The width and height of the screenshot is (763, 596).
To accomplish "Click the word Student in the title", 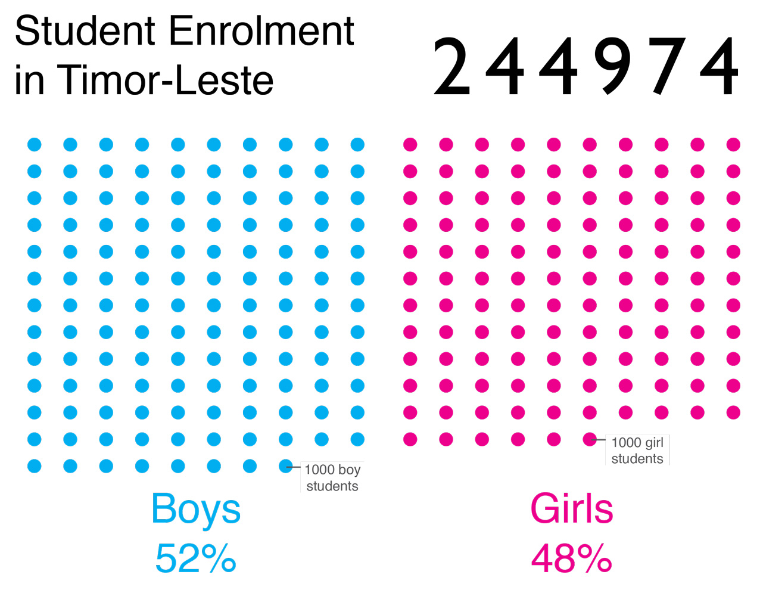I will (x=86, y=31).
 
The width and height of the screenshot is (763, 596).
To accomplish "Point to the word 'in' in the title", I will (x=29, y=80).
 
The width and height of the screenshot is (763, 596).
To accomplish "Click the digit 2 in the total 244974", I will (x=451, y=66).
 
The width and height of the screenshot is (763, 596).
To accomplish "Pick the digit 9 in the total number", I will (x=612, y=66).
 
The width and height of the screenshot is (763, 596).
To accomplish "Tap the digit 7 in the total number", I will (x=666, y=66).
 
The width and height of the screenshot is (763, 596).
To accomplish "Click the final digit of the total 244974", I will (x=720, y=66).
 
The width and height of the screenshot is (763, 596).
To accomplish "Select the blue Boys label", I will (x=196, y=509).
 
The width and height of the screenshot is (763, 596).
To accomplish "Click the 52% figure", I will (x=196, y=558).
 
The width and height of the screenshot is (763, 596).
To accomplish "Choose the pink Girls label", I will (x=572, y=509).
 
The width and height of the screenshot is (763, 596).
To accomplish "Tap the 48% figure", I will (x=572, y=558).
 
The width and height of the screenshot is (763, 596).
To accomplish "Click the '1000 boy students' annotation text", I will (x=332, y=477).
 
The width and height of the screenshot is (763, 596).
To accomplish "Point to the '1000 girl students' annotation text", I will (x=637, y=451).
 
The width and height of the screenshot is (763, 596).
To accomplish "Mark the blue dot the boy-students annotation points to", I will (x=286, y=466).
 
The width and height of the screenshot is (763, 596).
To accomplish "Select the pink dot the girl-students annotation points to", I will (x=590, y=439).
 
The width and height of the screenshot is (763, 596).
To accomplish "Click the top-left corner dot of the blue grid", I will (x=35, y=144).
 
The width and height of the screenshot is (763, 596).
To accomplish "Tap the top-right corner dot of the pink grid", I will (x=733, y=144).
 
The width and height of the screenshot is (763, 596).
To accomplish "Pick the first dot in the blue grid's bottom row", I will (x=35, y=466).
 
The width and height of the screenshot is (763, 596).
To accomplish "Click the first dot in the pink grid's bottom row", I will (x=410, y=439).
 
